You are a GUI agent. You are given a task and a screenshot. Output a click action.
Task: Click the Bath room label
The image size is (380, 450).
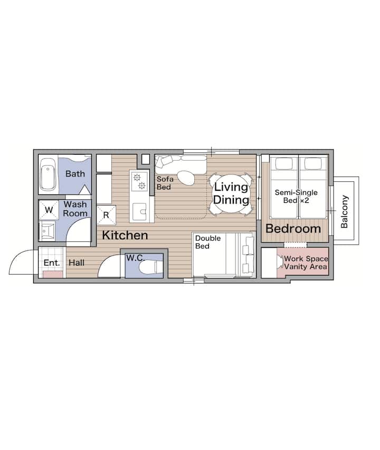pos(75,174)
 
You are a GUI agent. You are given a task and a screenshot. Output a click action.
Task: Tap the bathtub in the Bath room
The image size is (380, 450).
pos(47,174)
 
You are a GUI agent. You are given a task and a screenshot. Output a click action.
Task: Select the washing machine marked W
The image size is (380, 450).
pos(49,210)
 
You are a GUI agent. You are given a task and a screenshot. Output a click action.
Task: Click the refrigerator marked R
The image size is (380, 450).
pos(106,215)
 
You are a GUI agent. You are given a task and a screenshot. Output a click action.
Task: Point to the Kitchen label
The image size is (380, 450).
pos(125,236)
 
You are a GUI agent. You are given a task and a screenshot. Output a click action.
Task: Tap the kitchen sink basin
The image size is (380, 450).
pos(140,212)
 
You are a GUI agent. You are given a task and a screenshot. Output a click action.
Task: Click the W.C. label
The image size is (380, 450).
pos(135,258)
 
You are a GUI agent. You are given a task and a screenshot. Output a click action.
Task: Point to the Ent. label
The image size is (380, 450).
pos(52,262)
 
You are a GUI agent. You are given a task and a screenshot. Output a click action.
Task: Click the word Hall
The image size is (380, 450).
pos(77,262)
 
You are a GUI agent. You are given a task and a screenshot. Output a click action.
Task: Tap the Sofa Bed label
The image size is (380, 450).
pos(165,183)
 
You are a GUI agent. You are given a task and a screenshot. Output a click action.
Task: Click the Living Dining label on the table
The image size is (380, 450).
pos(231,193)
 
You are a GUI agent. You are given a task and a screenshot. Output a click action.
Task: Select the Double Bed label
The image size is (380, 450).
pos(208,242)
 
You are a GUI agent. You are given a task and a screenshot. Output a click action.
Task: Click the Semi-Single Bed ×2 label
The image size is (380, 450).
pos(296,197)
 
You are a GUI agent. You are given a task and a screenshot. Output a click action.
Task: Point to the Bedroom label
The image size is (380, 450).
pos(293,229)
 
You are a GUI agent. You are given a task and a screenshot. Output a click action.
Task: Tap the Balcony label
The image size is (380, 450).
pos(344,211)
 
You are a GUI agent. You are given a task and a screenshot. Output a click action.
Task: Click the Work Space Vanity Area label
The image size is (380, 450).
pos(306,262)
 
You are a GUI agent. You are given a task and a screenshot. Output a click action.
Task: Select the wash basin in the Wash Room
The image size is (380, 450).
pos(47,230)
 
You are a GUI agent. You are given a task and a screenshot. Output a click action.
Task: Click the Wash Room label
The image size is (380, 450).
pos(75,209)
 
